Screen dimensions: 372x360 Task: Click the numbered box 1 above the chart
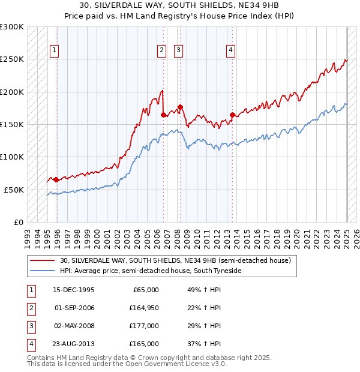pyautogui.click(x=55, y=51)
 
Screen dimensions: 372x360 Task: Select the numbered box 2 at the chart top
pyautogui.click(x=162, y=51)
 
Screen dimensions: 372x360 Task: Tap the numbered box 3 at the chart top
pyautogui.click(x=179, y=51)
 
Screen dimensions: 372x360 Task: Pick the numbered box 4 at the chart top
pyautogui.click(x=230, y=51)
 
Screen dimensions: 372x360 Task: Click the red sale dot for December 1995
pyautogui.click(x=56, y=179)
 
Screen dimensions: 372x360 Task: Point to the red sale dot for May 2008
pyautogui.click(x=180, y=107)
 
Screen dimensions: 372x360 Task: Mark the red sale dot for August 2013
pyautogui.click(x=232, y=115)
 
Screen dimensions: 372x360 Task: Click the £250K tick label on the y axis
pyautogui.click(x=13, y=59)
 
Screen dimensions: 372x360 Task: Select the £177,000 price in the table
pyautogui.click(x=145, y=326)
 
